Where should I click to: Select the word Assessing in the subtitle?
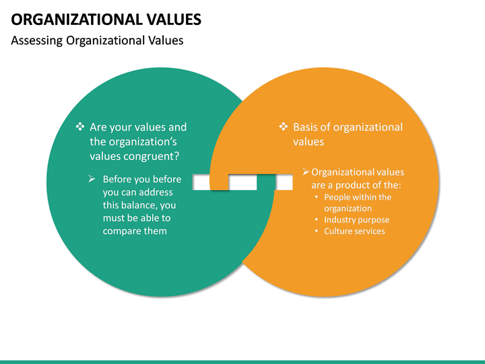point(37,40)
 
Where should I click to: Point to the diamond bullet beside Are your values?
point(79,127)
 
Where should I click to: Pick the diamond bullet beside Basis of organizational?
point(283,127)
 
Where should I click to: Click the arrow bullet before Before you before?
point(92,179)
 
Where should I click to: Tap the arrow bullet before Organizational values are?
point(305,172)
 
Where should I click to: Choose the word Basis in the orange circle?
point(306,127)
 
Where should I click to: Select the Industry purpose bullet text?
point(356,220)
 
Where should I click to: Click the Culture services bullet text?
point(354,231)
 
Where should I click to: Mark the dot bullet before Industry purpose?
point(317,220)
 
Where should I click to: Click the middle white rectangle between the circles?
point(243,183)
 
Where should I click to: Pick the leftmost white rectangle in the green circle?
point(201,183)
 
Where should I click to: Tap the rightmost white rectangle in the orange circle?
point(284,183)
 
